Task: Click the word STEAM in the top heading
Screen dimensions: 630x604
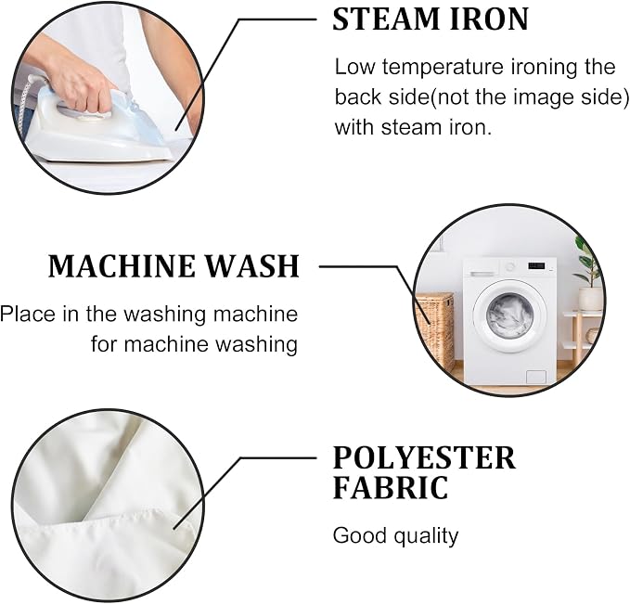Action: pyautogui.click(x=387, y=19)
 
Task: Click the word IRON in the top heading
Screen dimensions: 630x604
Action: pyautogui.click(x=489, y=19)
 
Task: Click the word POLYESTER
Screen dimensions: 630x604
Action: pyautogui.click(x=424, y=457)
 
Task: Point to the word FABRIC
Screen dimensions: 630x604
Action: pyautogui.click(x=391, y=487)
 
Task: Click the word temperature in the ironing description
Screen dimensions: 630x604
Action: pyautogui.click(x=443, y=67)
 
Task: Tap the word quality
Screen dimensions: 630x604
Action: pyautogui.click(x=426, y=536)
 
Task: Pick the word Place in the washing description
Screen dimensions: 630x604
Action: pyautogui.click(x=28, y=314)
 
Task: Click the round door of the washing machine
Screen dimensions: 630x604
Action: pyautogui.click(x=510, y=315)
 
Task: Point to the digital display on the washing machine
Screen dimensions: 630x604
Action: pyautogui.click(x=536, y=265)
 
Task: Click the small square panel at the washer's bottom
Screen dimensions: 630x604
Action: pyautogui.click(x=536, y=377)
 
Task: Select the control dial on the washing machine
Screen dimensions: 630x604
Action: pyautogui.click(x=510, y=266)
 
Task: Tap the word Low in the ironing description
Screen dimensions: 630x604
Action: pyautogui.click(x=354, y=67)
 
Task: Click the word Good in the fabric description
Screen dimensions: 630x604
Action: pyautogui.click(x=360, y=535)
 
